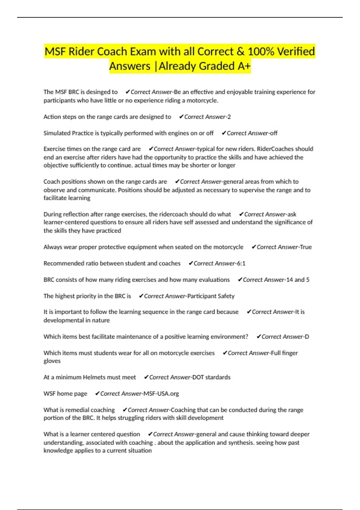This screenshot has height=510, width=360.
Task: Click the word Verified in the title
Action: [x=296, y=52]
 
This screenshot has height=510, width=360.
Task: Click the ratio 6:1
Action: [x=241, y=263]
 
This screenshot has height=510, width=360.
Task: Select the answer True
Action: [x=306, y=247]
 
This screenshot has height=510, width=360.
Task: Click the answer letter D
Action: [x=307, y=337]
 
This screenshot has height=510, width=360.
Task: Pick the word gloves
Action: [x=52, y=361]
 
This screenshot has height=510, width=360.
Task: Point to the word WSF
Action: [x=49, y=394]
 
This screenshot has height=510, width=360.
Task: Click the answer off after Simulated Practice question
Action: [x=273, y=133]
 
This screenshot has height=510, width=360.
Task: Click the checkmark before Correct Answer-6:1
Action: [x=190, y=263]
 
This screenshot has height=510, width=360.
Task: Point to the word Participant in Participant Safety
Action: [x=202, y=296]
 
